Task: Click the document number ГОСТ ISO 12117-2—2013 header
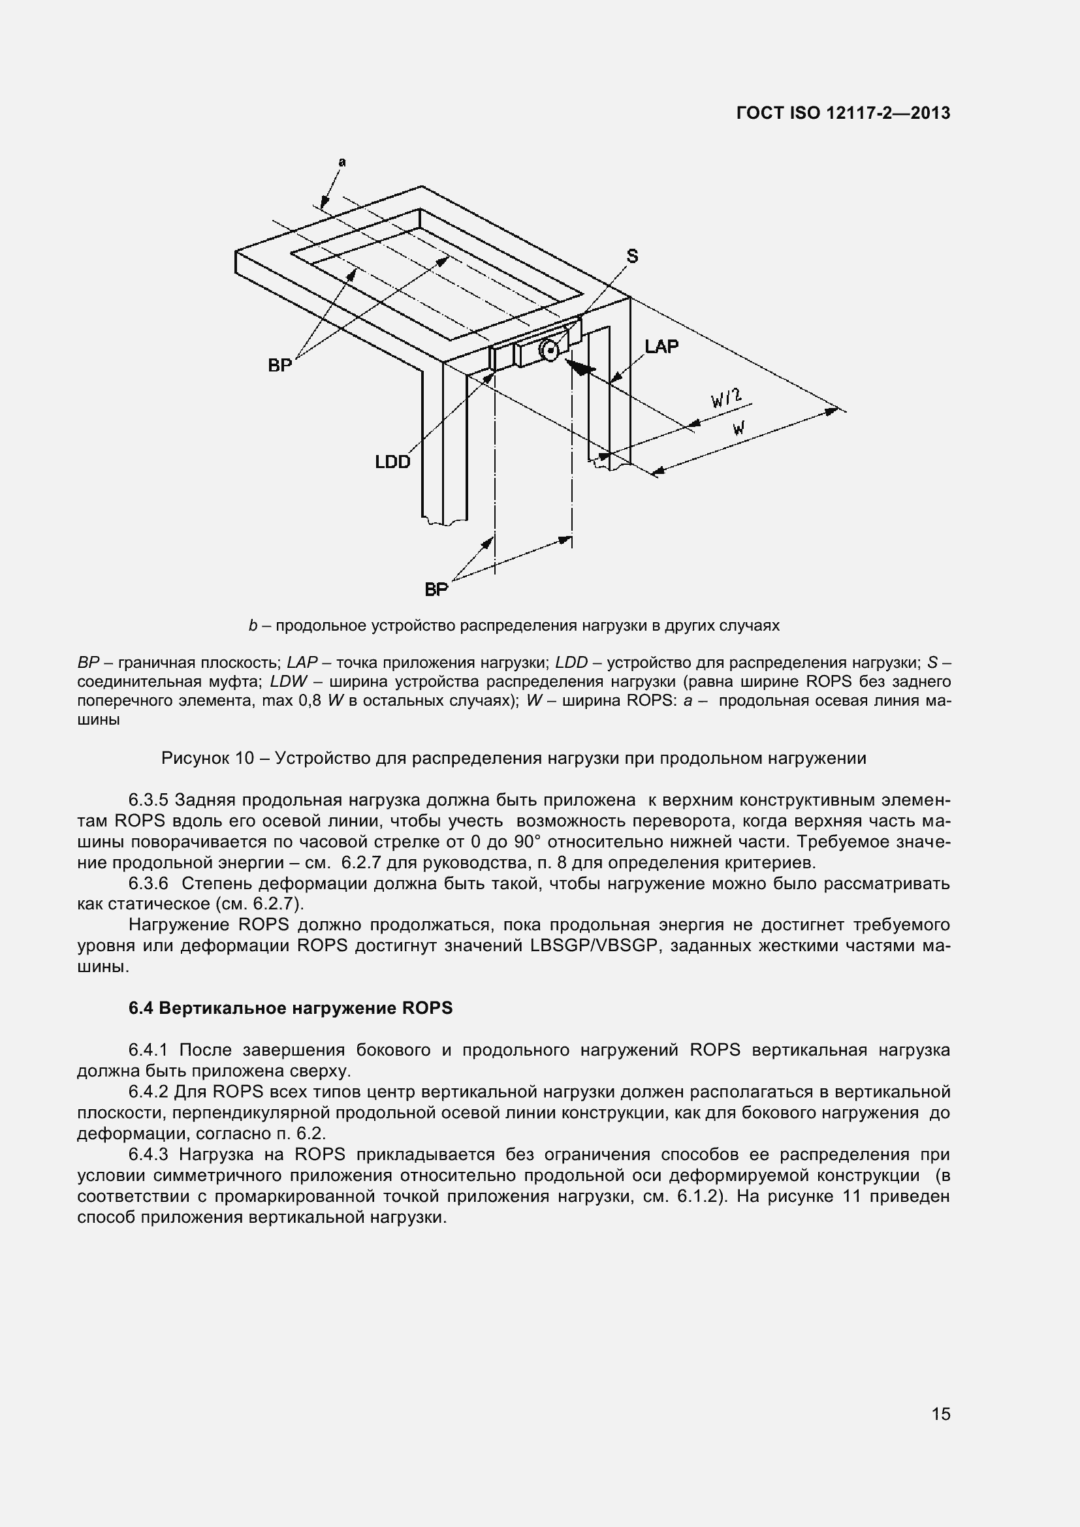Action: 843,113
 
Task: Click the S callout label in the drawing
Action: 632,256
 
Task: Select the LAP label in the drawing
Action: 661,346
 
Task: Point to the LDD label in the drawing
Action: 392,462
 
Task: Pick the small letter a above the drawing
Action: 341,162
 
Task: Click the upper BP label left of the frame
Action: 280,365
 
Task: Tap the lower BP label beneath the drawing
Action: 436,590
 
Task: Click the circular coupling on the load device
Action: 548,349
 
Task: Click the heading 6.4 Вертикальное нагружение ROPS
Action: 290,1008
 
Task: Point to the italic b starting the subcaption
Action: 253,626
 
